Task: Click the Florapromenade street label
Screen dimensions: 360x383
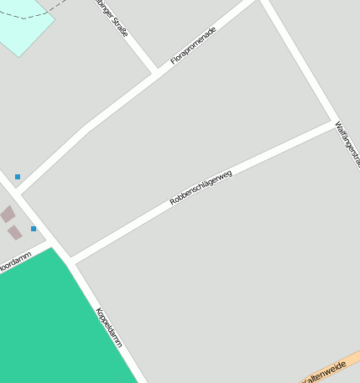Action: point(193,45)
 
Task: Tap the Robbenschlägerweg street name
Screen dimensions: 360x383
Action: point(201,188)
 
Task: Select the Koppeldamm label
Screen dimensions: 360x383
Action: point(109,328)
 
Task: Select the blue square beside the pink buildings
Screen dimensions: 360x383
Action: point(34,229)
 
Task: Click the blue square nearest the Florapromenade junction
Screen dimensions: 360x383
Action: point(17,177)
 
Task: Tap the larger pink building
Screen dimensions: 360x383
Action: point(8,215)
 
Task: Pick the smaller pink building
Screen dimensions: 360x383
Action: point(15,232)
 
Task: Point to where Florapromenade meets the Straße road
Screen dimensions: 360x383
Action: point(154,70)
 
